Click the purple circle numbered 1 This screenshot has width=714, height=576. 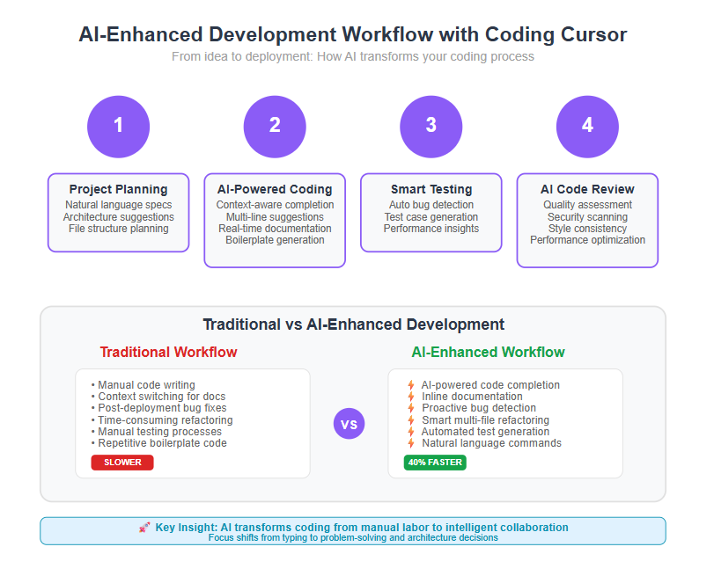118,127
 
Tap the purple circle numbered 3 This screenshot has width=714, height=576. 431,127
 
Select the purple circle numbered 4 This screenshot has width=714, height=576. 587,127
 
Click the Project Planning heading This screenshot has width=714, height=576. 118,189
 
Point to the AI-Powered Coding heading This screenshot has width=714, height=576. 275,189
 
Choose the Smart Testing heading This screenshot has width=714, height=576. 431,189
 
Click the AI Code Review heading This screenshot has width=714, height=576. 587,189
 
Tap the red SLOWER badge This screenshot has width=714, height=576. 122,463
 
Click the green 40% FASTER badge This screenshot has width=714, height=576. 435,463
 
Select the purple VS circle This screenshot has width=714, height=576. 349,424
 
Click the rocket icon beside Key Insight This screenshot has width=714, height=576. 144,528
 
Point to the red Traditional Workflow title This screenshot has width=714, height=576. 168,352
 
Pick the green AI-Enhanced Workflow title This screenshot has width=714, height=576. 488,352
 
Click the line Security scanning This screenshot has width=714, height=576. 587,217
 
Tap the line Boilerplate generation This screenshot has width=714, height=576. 275,240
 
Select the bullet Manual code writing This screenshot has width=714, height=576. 144,385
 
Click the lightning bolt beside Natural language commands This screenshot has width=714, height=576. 411,442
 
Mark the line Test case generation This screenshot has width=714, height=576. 431,217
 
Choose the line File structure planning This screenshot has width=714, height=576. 118,229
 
